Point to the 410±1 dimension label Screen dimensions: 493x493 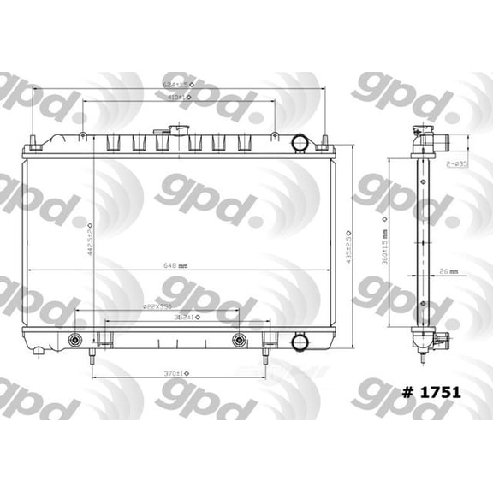click(179, 98)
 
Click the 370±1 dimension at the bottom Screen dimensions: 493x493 click(177, 373)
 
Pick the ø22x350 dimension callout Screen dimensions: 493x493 click(157, 306)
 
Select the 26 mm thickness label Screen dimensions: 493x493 click(448, 271)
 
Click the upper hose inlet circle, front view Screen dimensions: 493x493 click(300, 142)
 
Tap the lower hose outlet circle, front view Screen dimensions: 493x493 click(300, 342)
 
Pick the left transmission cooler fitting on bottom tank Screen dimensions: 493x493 click(75, 341)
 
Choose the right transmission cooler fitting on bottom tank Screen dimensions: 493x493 click(240, 341)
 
